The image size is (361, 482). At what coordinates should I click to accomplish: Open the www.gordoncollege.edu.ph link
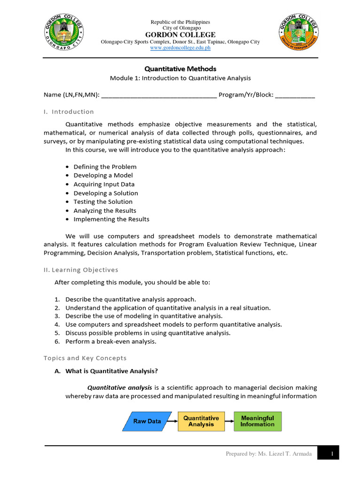pos(180,48)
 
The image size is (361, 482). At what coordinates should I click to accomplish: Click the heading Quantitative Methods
pos(180,69)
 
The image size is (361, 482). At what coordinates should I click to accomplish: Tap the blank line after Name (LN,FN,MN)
pos(158,95)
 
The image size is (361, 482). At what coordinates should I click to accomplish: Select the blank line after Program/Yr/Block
pos(295,95)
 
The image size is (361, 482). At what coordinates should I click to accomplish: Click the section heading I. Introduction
pos(69,112)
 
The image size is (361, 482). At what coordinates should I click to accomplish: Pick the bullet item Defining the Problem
pos(105,167)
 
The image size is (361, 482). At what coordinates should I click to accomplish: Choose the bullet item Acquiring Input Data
pos(104,184)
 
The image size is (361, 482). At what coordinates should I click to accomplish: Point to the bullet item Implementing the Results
pos(111,219)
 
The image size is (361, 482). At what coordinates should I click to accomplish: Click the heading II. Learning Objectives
pos(81,270)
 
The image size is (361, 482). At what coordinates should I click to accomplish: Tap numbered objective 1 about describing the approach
pos(130,299)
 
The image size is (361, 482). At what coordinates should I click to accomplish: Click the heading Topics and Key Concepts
pos(85,358)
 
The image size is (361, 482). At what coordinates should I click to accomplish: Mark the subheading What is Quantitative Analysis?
pos(111,371)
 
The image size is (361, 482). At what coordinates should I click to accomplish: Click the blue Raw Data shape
pos(147,421)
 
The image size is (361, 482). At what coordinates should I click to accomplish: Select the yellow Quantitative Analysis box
pos(201,421)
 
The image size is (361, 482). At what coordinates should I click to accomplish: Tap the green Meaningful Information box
pos(257,421)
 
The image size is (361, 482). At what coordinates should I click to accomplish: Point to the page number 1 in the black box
pos(332,453)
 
